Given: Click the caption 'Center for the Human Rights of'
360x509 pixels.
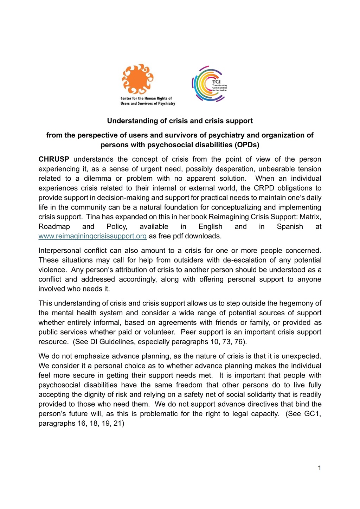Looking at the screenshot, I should [146, 98].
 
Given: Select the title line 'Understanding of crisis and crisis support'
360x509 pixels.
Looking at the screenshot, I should [180, 121].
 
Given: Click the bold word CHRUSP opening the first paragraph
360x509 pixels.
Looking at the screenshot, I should [54, 160].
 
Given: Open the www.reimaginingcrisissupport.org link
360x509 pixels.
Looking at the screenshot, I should [92, 236].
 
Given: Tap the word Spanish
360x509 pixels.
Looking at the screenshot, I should [290, 227].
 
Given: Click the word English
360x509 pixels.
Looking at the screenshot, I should [210, 227].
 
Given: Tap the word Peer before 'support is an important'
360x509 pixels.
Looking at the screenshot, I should [188, 332].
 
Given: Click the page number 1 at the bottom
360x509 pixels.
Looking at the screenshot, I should [319, 468].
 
